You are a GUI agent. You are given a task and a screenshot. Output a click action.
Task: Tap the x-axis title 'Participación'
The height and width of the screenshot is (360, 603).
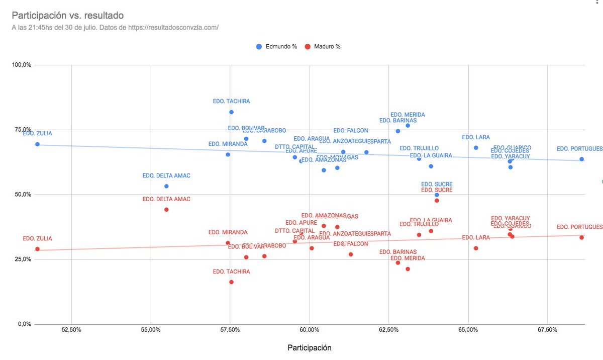[x=309, y=347]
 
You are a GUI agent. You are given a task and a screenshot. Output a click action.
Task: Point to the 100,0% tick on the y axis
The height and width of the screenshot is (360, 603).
[x=22, y=65]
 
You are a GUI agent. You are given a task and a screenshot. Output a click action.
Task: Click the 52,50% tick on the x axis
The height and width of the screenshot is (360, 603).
[x=71, y=330]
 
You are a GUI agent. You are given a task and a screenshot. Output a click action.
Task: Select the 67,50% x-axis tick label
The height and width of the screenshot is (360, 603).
[x=547, y=330]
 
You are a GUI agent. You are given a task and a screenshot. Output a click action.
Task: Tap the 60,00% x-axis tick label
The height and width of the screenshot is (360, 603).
[x=309, y=330]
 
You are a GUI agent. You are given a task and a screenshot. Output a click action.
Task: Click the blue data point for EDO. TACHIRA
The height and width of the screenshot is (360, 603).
[x=231, y=112]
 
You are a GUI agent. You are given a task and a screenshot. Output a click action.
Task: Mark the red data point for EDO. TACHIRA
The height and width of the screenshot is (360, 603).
[x=231, y=282]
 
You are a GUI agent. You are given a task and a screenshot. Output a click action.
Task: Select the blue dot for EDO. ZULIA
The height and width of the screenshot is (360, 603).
[x=37, y=144]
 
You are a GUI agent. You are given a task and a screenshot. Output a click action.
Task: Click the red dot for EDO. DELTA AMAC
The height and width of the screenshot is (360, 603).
[x=166, y=210]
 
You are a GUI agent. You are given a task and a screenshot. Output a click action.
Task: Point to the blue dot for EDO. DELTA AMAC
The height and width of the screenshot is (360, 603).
[x=166, y=186]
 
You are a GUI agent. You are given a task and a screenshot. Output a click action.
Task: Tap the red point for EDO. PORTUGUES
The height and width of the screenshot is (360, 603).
[x=581, y=237]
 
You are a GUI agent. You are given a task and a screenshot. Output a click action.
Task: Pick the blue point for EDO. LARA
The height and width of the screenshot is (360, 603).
[x=476, y=148]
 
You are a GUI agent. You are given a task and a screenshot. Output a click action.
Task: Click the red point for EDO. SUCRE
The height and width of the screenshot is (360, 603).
[x=437, y=201]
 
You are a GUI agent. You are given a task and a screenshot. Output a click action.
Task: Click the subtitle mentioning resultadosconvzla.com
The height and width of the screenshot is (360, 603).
[x=115, y=28]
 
